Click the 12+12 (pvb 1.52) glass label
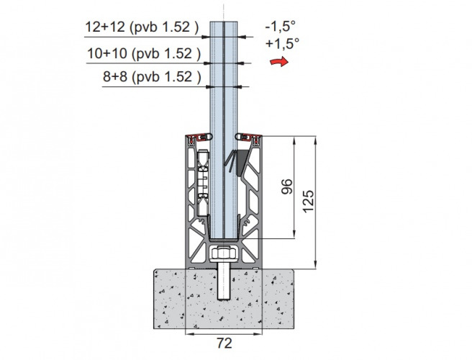[142, 27]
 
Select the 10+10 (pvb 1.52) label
[144, 53]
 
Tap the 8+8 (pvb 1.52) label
[152, 77]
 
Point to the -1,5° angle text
[281, 26]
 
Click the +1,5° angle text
[282, 44]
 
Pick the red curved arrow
[279, 62]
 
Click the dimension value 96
[286, 186]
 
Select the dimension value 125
[308, 202]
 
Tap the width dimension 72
[224, 343]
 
